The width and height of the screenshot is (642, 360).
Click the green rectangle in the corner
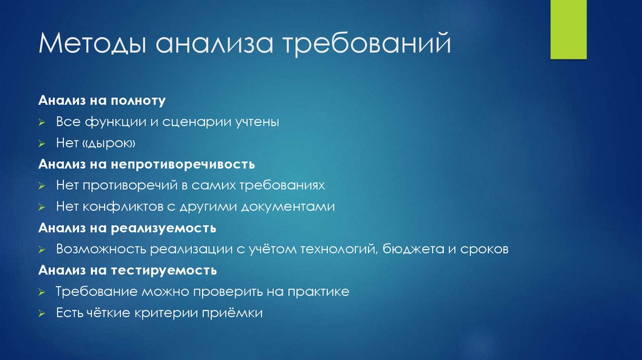point(568,29)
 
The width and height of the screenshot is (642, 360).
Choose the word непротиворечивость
point(183,164)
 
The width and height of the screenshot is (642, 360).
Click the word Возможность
point(100,250)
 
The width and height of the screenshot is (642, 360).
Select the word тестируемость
point(166,271)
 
